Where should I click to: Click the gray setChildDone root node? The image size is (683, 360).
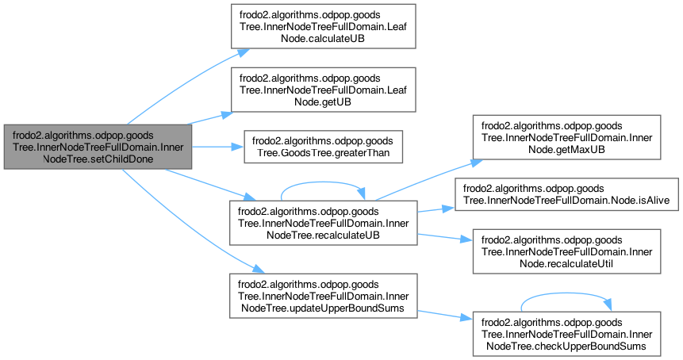[x=98, y=147]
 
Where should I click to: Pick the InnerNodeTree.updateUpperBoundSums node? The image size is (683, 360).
[x=322, y=295]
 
